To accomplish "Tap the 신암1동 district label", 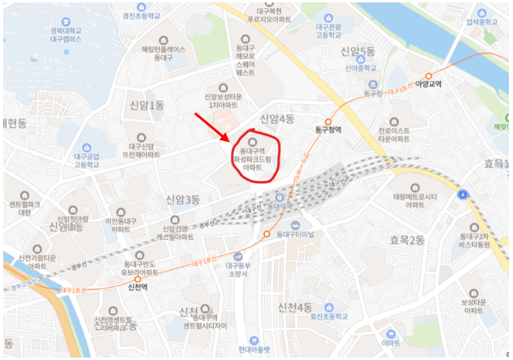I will tap(147, 105).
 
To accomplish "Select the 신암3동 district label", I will tap(182, 199).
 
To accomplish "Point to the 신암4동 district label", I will tap(276, 119).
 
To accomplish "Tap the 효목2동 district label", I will tap(407, 239).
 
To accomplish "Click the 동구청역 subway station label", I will tap(329, 129).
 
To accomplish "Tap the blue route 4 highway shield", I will tap(462, 195).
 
